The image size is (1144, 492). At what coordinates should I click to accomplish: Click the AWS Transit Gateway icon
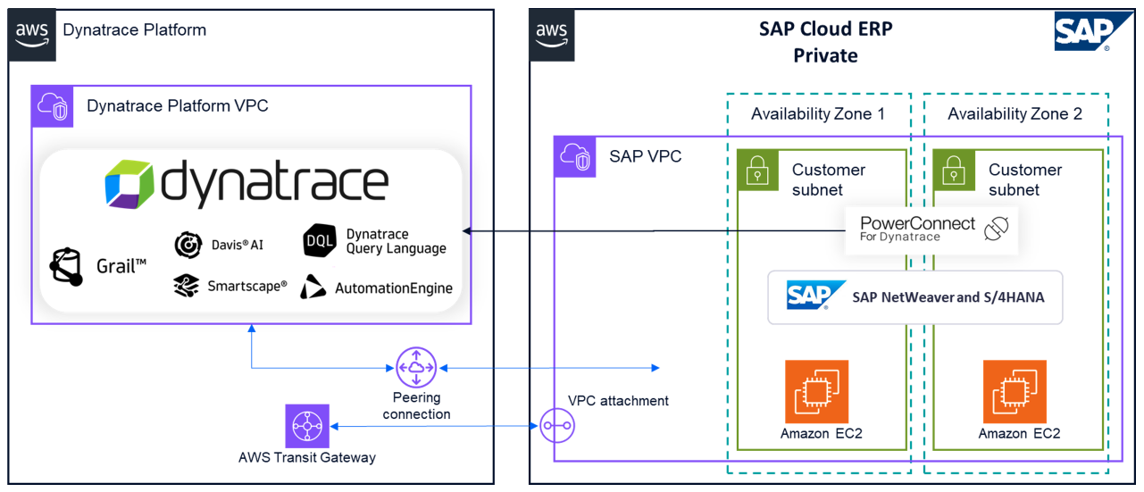[x=307, y=426]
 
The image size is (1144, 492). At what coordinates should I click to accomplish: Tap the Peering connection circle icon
[x=416, y=368]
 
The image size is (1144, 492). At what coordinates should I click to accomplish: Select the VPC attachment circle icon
[x=558, y=427]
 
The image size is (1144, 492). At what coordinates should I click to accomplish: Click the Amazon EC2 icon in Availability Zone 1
[x=816, y=391]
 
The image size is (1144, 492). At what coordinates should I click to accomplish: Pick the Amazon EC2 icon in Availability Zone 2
[x=1015, y=391]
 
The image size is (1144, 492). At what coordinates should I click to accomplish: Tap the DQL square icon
[x=320, y=241]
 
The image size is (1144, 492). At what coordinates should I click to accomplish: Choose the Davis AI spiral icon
[x=187, y=244]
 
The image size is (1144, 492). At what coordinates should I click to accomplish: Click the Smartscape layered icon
[x=187, y=286]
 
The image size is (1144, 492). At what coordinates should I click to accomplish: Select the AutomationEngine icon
[x=313, y=287]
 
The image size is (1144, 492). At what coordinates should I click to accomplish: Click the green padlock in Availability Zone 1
[x=757, y=170]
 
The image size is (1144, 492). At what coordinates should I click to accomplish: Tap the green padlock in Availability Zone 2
[x=954, y=170]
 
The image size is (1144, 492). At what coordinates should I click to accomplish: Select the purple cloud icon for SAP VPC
[x=575, y=157]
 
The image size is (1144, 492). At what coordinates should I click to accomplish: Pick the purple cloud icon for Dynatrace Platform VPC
[x=52, y=106]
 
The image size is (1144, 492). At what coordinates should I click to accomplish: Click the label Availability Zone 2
[x=1015, y=114]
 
